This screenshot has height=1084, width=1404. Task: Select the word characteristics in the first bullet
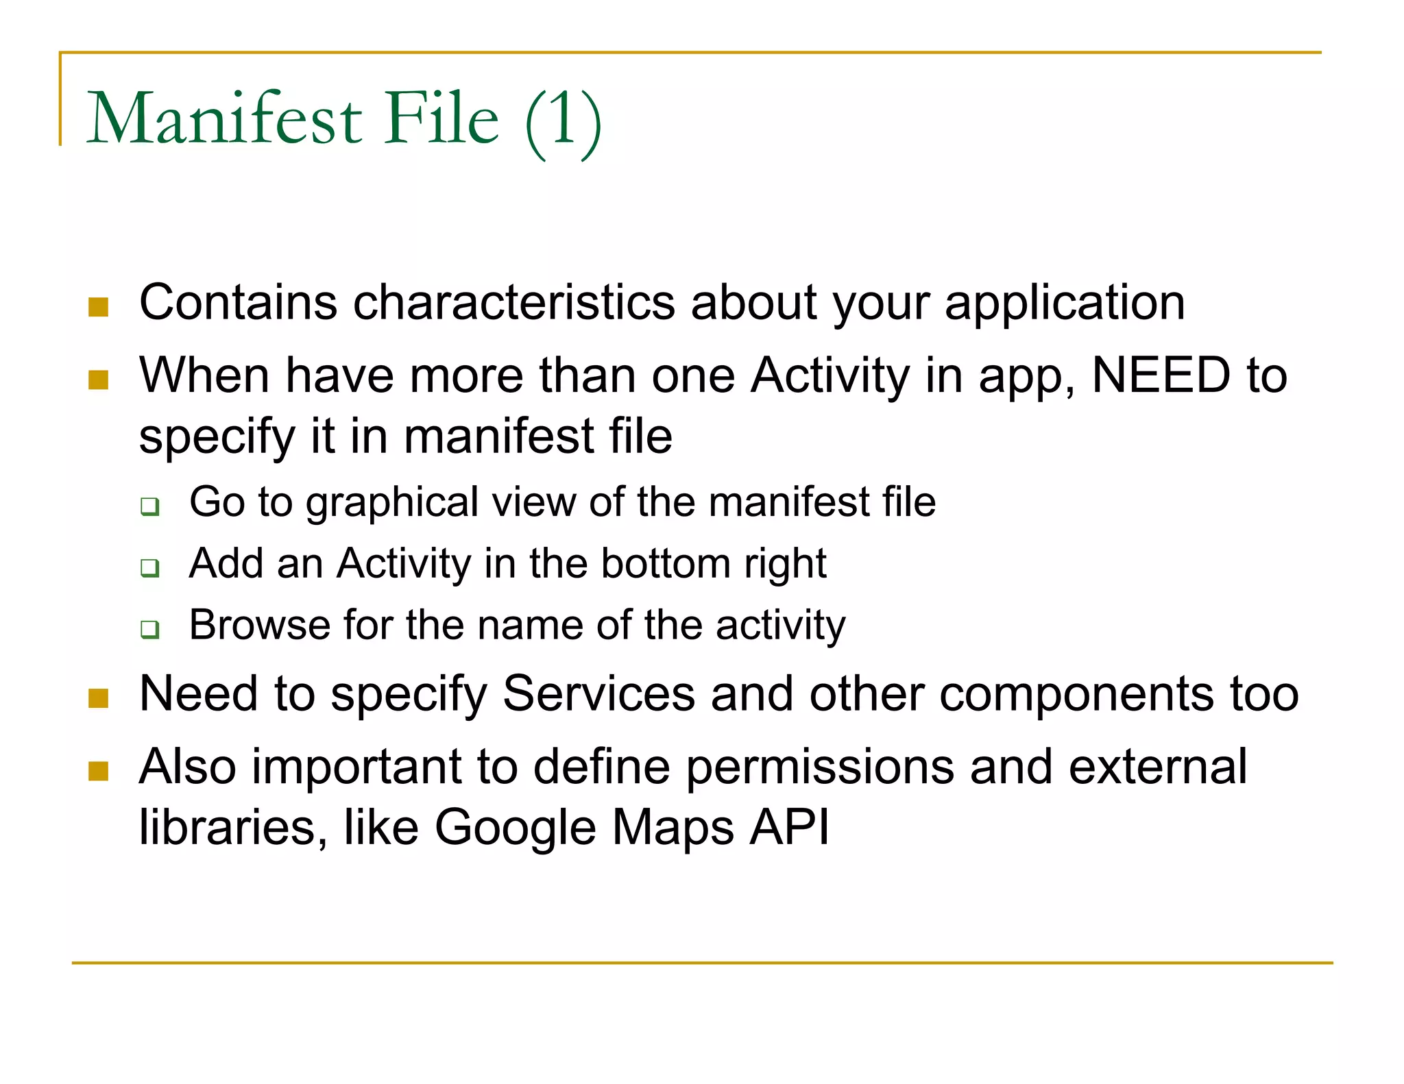pyautogui.click(x=513, y=302)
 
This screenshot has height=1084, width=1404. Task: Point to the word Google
pyautogui.click(x=515, y=828)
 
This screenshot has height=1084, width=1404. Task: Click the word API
pyautogui.click(x=789, y=826)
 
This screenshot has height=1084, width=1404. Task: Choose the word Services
pyautogui.click(x=598, y=693)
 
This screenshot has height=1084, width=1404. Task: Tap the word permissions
pyautogui.click(x=820, y=767)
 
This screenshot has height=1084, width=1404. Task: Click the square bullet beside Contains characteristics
pyautogui.click(x=99, y=307)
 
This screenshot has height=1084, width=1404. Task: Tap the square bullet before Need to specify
pyautogui.click(x=99, y=698)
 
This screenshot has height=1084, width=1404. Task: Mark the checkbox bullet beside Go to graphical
pyautogui.click(x=150, y=507)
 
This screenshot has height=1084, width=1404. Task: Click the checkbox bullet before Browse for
pyautogui.click(x=150, y=629)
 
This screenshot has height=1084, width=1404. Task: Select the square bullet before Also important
pyautogui.click(x=99, y=772)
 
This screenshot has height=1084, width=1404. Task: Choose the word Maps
pyautogui.click(x=672, y=828)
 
